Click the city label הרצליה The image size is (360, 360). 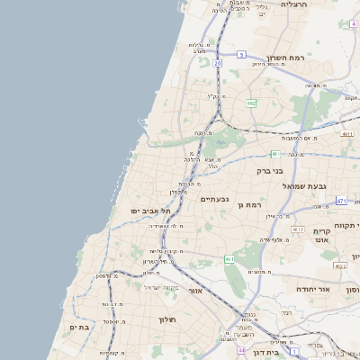pos(294,4)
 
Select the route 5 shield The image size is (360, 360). pos(241,55)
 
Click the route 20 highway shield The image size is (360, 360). pos(218,64)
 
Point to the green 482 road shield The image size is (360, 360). pos(251,103)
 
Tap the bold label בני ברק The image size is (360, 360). pos(269,169)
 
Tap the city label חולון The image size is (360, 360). pos(167,319)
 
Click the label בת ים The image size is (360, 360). pos(79,328)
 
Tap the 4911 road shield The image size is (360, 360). pos(347,134)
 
